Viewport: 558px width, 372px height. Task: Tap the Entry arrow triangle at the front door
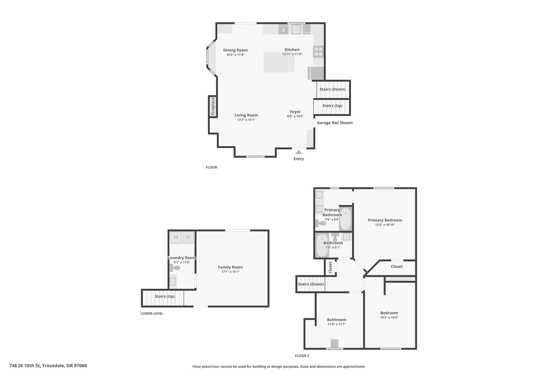point(299,152)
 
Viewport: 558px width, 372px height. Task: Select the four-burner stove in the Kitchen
point(318,52)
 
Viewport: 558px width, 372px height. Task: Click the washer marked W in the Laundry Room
point(176,237)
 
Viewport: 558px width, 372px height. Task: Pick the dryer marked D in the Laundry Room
point(188,237)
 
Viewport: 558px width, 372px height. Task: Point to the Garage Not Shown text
point(335,123)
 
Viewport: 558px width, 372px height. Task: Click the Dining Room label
point(235,50)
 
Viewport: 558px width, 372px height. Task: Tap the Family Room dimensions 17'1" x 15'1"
point(231,272)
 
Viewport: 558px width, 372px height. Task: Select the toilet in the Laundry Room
point(175,268)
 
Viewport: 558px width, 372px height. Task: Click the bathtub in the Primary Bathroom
point(345,219)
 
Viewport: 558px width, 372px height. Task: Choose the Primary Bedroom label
point(385,220)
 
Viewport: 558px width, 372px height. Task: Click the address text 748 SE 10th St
point(25,366)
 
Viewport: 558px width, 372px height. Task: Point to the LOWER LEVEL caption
point(152,313)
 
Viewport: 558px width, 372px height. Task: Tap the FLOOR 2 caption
point(302,356)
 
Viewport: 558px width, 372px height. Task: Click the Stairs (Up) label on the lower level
point(165,297)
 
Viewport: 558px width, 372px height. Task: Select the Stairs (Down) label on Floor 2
point(311,284)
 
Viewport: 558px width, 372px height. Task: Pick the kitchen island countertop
point(279,62)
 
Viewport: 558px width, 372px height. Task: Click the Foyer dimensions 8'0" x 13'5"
point(295,116)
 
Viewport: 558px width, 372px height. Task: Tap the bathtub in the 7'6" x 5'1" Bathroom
point(322,245)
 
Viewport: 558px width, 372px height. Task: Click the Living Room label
point(246,115)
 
